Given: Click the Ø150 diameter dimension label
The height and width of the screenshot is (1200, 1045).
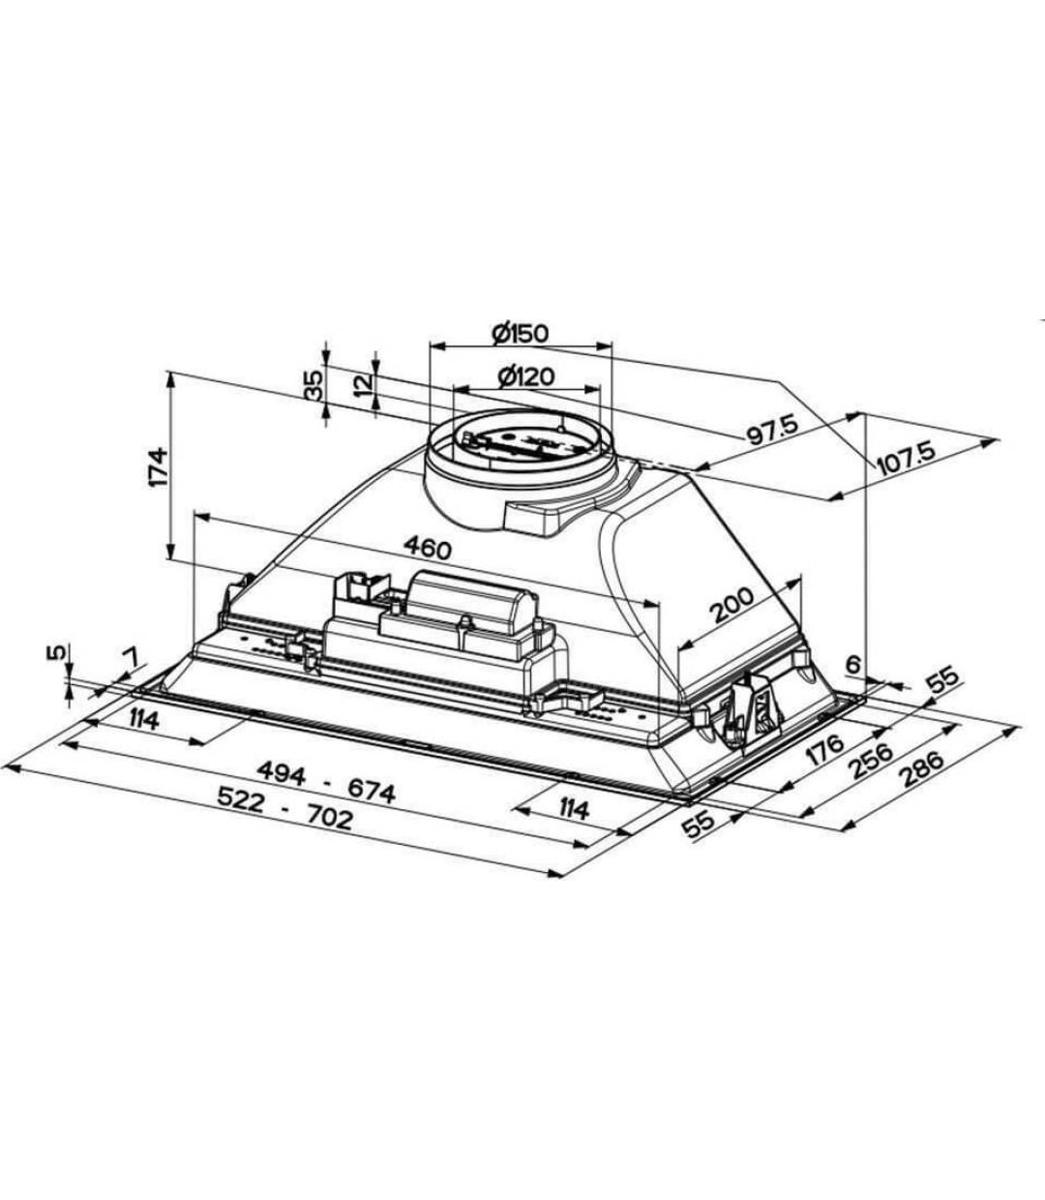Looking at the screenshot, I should pos(520,333).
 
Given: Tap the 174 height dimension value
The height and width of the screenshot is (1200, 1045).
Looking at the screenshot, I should pos(158,466).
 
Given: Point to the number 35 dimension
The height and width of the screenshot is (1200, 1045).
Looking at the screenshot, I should pos(313,386).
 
